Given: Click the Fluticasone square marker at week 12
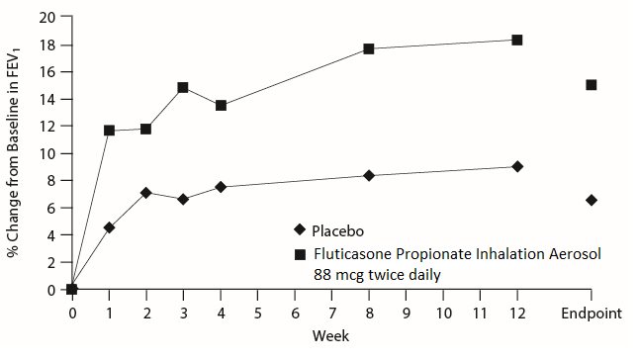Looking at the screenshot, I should (x=516, y=40).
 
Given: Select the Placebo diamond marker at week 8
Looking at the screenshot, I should (x=369, y=175).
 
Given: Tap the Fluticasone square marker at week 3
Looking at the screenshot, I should (x=183, y=87).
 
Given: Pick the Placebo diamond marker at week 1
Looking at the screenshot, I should (x=109, y=227).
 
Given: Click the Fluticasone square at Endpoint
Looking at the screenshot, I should (x=591, y=85).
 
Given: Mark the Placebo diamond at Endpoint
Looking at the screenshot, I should (x=591, y=200).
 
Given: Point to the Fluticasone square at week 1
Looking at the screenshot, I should (x=109, y=130).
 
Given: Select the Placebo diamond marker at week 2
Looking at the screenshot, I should (x=146, y=193).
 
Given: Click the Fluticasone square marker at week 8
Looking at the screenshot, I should (x=369, y=48).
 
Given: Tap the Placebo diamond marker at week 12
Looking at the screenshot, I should (x=516, y=166).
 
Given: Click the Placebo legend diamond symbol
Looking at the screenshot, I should (x=301, y=231).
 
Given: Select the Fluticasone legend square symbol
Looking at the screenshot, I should (x=301, y=254).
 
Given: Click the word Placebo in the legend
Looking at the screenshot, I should (x=337, y=231).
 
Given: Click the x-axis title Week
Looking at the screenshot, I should (x=329, y=336).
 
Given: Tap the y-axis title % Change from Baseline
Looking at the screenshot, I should (x=14, y=153).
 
